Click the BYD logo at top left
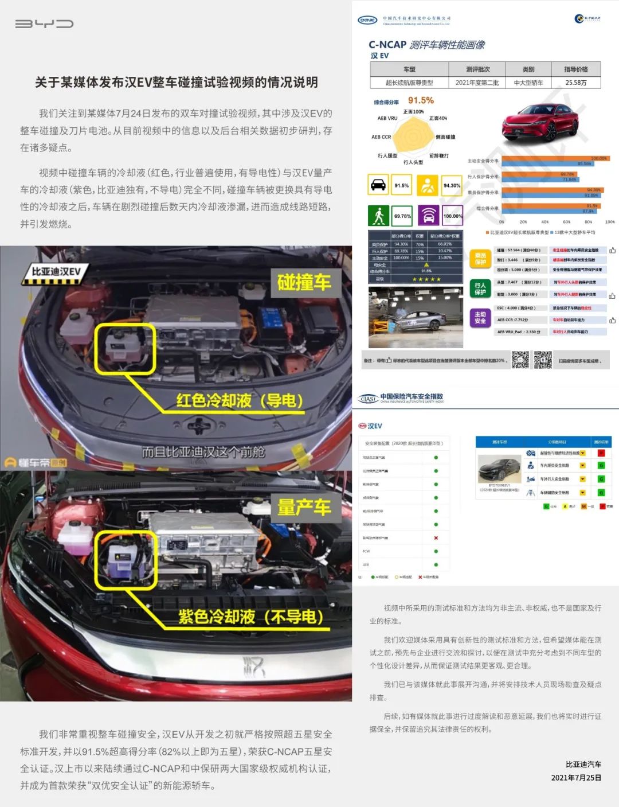44,24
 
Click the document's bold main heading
176,83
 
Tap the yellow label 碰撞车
304,282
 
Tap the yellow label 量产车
304,508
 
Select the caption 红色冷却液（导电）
240,400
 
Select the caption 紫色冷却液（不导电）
251,617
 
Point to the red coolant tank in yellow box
124,348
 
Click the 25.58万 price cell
575,83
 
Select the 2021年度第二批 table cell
477,83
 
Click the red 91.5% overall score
421,100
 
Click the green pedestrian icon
378,216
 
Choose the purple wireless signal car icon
428,216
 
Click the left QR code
520,360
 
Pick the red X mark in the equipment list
436,538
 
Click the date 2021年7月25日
576,778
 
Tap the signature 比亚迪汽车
583,764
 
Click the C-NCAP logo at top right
587,19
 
